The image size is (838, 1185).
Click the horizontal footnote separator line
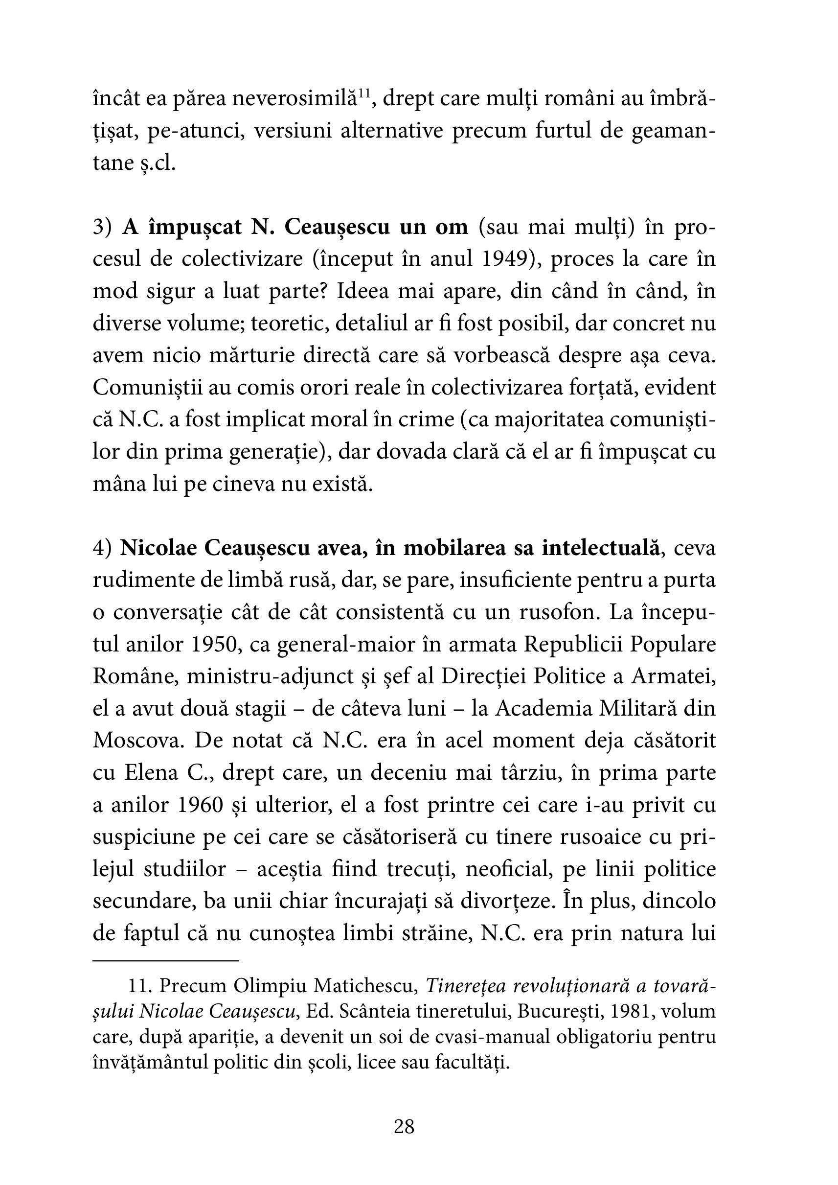(166, 961)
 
